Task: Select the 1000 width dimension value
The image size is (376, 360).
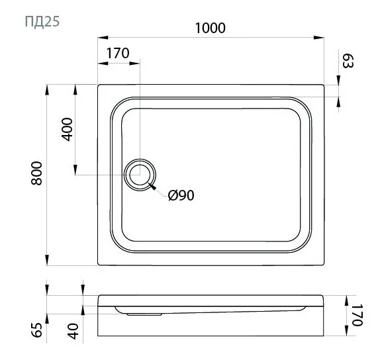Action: tap(211, 28)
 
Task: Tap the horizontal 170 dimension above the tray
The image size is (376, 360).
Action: tap(117, 54)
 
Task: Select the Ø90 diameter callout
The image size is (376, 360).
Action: tap(181, 195)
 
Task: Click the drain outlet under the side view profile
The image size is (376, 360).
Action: tap(140, 314)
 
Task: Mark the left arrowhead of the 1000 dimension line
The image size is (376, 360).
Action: tap(101, 38)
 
